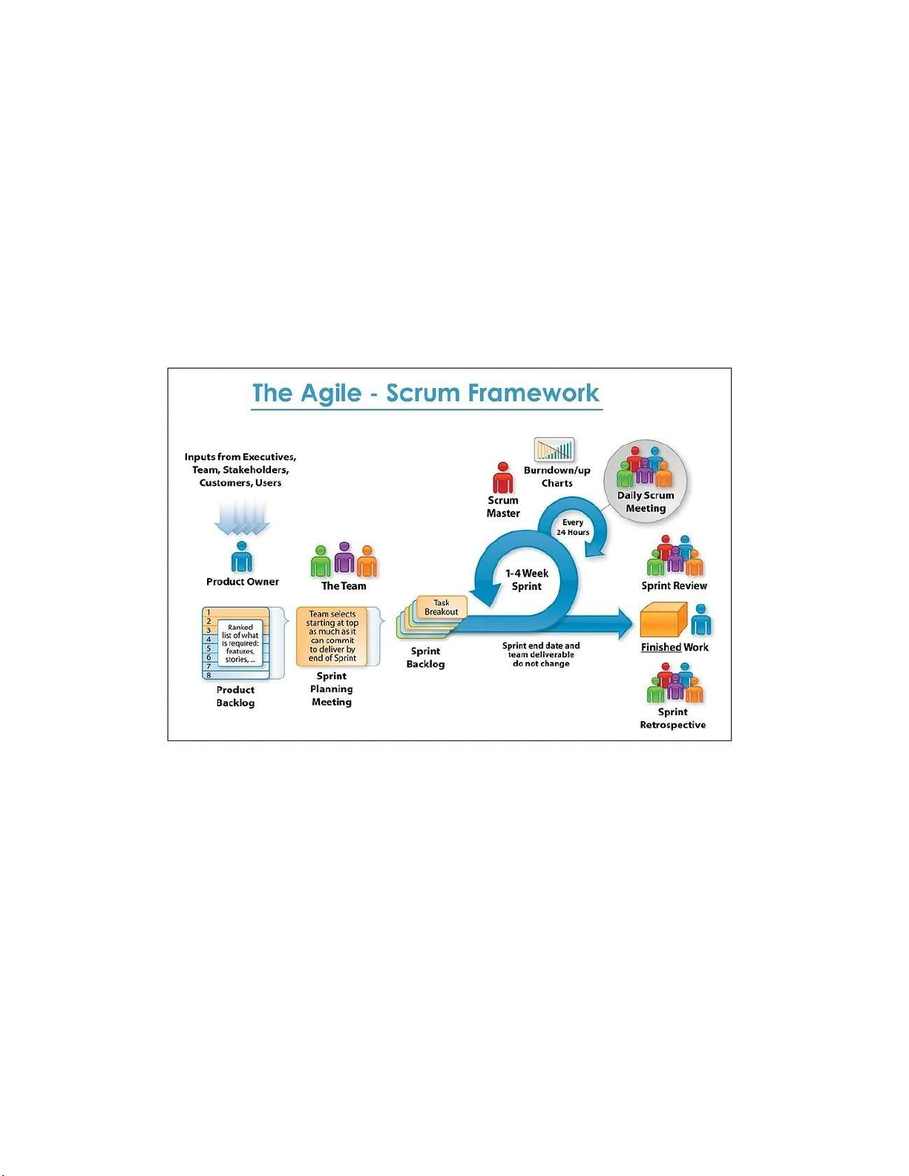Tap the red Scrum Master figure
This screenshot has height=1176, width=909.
(503, 479)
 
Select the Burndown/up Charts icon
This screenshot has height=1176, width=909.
(554, 450)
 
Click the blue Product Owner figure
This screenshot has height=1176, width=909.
(242, 556)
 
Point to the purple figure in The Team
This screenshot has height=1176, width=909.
(344, 558)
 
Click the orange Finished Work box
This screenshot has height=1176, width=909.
(663, 620)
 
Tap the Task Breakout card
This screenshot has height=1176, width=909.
(442, 608)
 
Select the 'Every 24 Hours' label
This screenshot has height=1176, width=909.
(573, 528)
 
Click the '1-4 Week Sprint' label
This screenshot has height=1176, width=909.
(527, 579)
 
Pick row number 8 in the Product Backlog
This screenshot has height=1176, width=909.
(209, 675)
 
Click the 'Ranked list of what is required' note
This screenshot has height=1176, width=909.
(240, 643)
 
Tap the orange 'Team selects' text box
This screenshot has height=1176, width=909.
(332, 636)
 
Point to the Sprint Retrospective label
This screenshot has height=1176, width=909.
(673, 718)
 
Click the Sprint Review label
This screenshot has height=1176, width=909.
(674, 585)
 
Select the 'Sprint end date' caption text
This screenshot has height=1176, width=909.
(541, 654)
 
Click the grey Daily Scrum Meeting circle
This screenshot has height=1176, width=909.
(646, 480)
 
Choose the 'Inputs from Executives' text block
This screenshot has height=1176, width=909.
(240, 470)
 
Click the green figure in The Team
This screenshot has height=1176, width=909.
(321, 562)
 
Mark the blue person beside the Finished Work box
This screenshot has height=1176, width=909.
(700, 620)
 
